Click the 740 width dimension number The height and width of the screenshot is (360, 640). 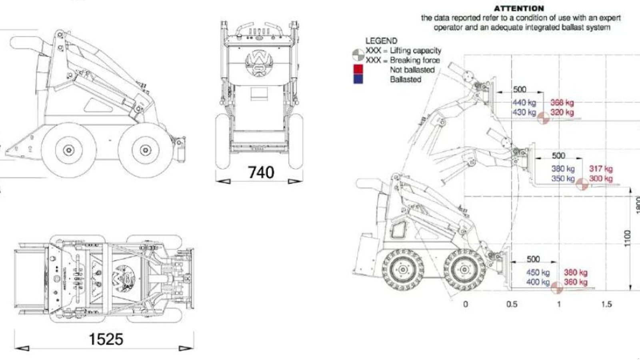[x=261, y=172]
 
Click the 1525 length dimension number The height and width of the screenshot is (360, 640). [x=106, y=339]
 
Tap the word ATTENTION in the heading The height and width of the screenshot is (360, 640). [x=518, y=8]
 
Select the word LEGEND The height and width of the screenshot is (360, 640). [x=381, y=41]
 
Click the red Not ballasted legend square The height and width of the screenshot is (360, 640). [x=358, y=70]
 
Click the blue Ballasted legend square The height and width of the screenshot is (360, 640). [x=358, y=79]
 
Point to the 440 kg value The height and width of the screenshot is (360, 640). [x=524, y=102]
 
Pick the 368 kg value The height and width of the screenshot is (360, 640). [x=562, y=102]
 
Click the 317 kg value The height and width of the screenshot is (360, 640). [x=601, y=169]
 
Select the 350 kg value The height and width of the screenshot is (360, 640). [x=563, y=178]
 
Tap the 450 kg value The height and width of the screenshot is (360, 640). [x=538, y=272]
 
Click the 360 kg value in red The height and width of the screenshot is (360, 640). [x=576, y=282]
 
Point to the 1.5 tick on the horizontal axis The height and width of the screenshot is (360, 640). [x=606, y=304]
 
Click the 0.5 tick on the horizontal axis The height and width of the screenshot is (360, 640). [x=512, y=304]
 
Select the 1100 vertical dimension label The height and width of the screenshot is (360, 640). [x=627, y=238]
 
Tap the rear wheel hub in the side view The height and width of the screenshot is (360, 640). [x=69, y=150]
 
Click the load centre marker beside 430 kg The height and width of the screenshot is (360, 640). [x=543, y=118]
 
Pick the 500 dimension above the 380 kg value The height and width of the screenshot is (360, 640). [x=558, y=156]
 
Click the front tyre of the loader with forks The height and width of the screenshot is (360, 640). [x=464, y=270]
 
